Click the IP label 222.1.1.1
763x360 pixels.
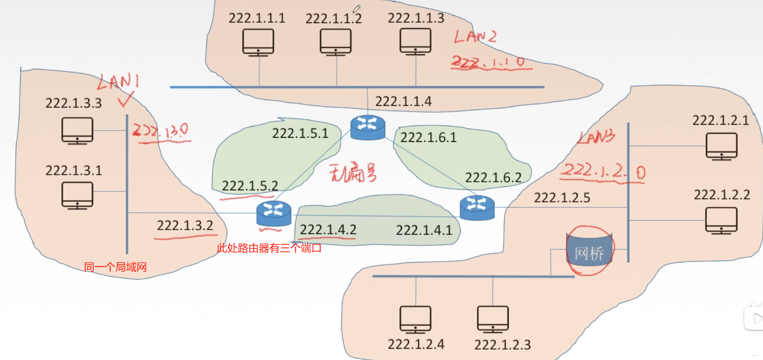pyautogui.click(x=257, y=18)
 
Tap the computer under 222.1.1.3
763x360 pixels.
pyautogui.click(x=415, y=42)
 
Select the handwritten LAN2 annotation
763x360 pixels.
pyautogui.click(x=475, y=37)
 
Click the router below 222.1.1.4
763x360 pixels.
pyautogui.click(x=368, y=127)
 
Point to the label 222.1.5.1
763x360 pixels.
pyautogui.click(x=300, y=133)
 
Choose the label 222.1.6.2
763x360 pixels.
pyautogui.click(x=493, y=177)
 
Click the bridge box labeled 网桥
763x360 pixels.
pyautogui.click(x=589, y=252)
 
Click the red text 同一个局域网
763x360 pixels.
pyautogui.click(x=115, y=267)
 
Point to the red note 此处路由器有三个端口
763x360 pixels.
pyautogui.click(x=269, y=248)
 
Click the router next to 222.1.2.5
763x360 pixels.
pyautogui.click(x=477, y=208)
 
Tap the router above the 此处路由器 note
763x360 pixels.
pyautogui.click(x=274, y=213)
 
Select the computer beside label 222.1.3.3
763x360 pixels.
pyautogui.click(x=77, y=131)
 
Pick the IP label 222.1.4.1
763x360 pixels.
pyautogui.click(x=424, y=230)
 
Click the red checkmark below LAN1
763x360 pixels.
pyautogui.click(x=126, y=99)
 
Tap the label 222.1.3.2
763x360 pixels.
pyautogui.click(x=185, y=226)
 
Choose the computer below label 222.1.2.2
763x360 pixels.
pyautogui.click(x=721, y=221)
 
